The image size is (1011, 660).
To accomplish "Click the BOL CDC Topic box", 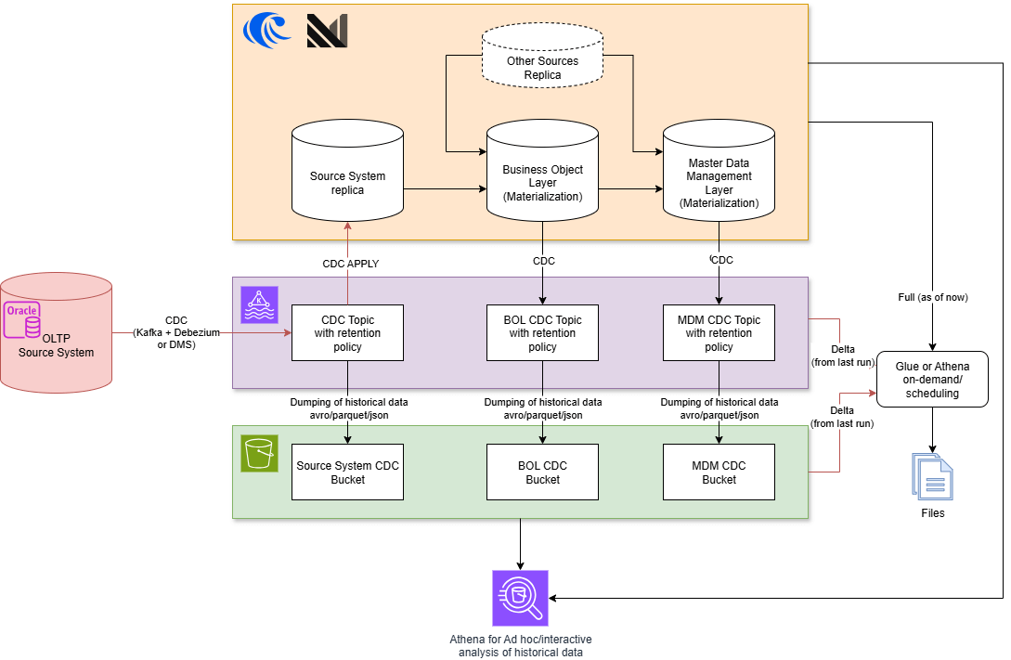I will (542, 332).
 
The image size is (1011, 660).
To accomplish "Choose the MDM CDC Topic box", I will (719, 332).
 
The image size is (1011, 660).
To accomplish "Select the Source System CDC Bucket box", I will (347, 472).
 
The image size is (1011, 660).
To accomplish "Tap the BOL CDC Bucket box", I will (542, 472).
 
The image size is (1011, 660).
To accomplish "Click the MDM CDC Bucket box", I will (719, 472).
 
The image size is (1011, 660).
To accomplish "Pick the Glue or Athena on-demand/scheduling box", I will (932, 380).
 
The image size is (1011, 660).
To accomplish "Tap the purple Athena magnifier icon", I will (520, 598).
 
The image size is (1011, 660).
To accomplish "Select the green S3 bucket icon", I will (259, 453).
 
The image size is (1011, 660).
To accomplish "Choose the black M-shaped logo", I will (327, 31).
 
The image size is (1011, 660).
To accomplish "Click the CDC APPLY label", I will (351, 264).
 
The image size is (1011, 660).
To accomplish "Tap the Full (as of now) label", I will (932, 297).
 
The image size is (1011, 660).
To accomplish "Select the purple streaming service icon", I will (259, 304).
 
